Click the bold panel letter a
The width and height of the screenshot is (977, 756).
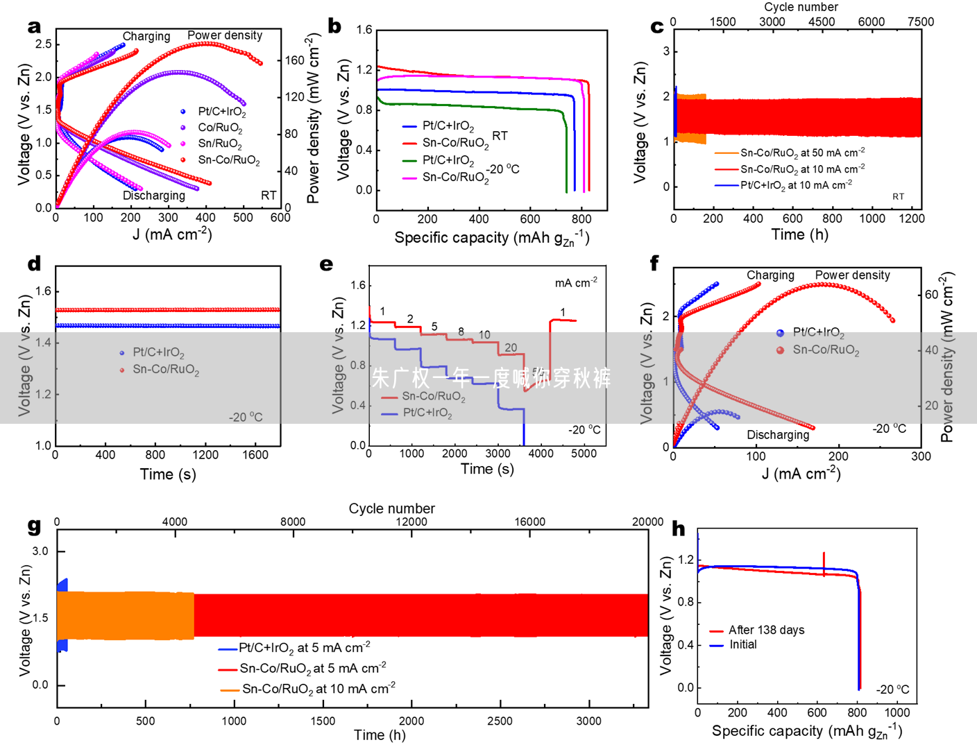coord(34,26)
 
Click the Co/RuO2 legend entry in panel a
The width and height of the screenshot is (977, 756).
coord(220,128)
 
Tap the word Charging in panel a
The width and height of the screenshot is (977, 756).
coord(146,36)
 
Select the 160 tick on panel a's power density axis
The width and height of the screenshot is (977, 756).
coord(295,60)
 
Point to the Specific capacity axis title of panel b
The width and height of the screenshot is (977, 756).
coord(491,238)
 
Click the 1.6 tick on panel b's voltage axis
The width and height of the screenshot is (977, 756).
coord(364,30)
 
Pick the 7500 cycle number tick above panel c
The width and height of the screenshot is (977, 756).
coord(921,22)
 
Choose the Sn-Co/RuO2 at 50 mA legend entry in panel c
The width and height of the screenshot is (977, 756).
coord(802,153)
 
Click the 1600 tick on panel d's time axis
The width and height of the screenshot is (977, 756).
coord(255,455)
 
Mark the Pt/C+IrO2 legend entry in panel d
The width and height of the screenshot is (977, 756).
coord(158,352)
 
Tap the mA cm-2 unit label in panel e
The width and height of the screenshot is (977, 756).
coord(576,282)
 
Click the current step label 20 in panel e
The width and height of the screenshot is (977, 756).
coord(511,347)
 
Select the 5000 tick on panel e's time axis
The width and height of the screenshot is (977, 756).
coord(584,454)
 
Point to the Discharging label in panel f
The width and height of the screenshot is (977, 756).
coord(778,435)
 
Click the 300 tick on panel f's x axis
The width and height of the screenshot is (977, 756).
coord(921,456)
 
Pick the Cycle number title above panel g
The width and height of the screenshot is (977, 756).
coord(391,508)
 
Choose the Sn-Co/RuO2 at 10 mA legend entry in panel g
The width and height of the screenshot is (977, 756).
coord(318,689)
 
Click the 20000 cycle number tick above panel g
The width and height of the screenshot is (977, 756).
coord(647,522)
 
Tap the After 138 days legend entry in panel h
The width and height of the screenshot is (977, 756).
coord(766,630)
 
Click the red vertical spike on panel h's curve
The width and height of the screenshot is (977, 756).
coord(824,563)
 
